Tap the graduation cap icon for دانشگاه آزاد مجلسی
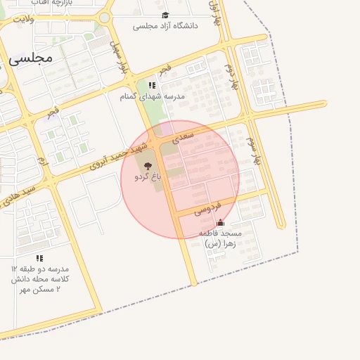click(x=165, y=15)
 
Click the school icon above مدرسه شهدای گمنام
click(x=152, y=85)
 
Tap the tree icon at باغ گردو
click(x=147, y=166)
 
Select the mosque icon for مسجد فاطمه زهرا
click(x=220, y=222)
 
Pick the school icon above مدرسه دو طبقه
click(x=39, y=258)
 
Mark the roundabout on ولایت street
click(x=104, y=17)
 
